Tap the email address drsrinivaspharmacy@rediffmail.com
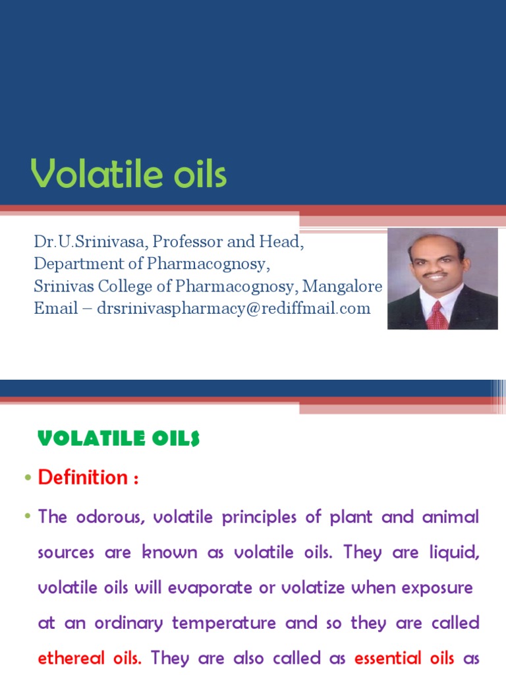[233, 308]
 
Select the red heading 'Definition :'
[88, 477]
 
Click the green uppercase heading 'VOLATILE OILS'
[119, 439]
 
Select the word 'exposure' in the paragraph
[439, 587]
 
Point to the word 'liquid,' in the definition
[455, 552]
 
